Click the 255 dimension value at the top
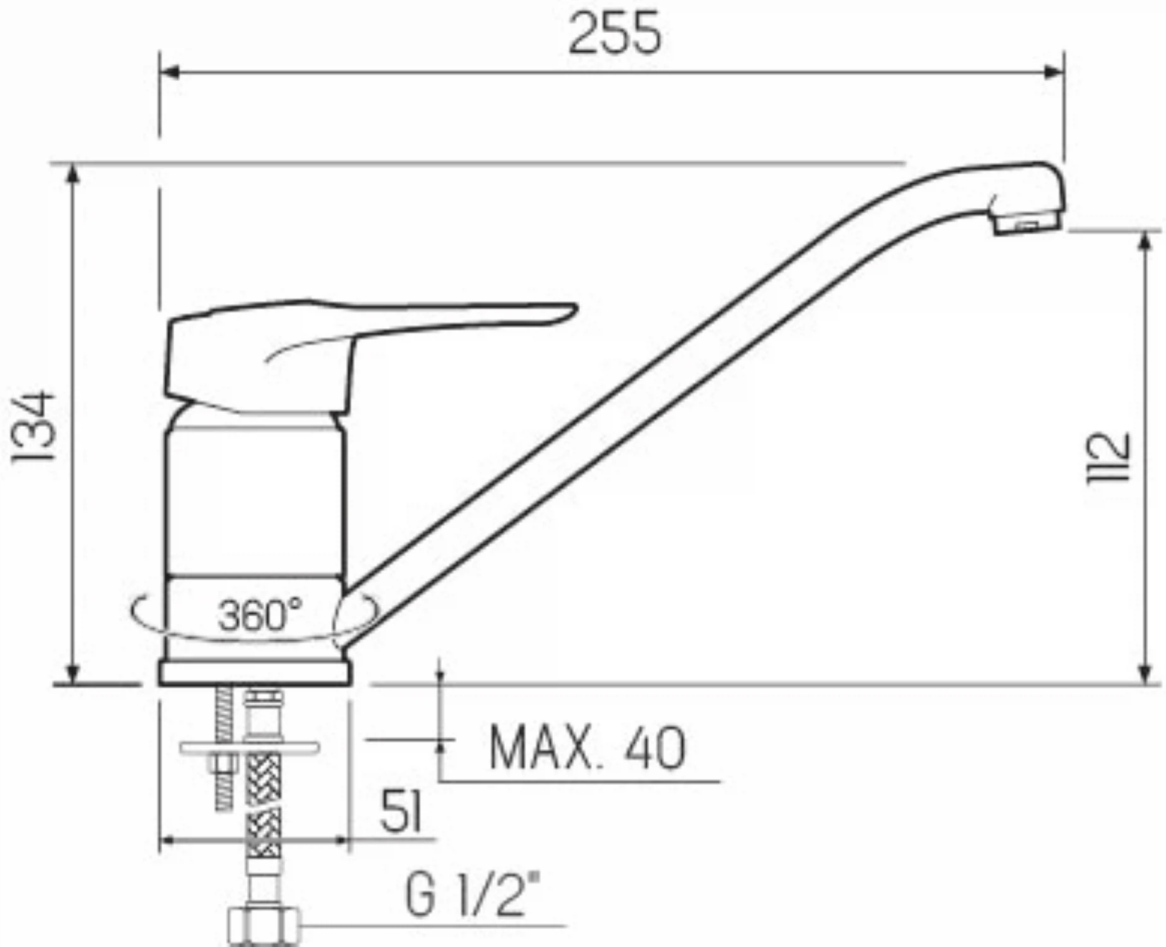click(615, 33)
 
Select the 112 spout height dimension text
click(1108, 458)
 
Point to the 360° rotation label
click(260, 615)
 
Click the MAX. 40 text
click(587, 747)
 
